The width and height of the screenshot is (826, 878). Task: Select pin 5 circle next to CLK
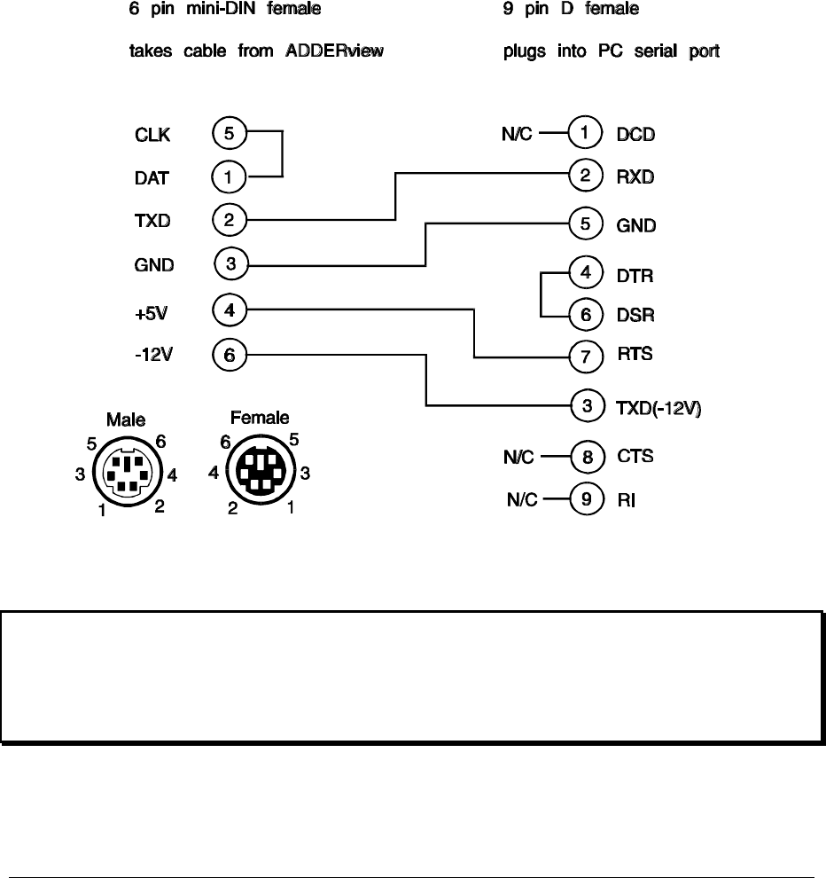tap(229, 134)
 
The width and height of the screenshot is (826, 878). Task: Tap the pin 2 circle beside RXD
tap(585, 176)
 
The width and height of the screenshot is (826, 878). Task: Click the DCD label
tap(635, 135)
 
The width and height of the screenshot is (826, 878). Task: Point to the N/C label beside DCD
tap(517, 135)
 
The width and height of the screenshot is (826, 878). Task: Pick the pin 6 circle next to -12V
tap(230, 355)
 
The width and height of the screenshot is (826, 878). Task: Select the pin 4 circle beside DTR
tap(585, 272)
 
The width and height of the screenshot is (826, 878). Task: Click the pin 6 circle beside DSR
tap(585, 314)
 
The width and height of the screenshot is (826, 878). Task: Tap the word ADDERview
tap(334, 51)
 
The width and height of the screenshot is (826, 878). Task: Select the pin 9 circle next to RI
tap(585, 500)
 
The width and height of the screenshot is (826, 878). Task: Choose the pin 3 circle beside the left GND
tap(231, 263)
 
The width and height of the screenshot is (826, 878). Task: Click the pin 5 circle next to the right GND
tap(585, 223)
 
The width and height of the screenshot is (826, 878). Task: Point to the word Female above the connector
tap(260, 418)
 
